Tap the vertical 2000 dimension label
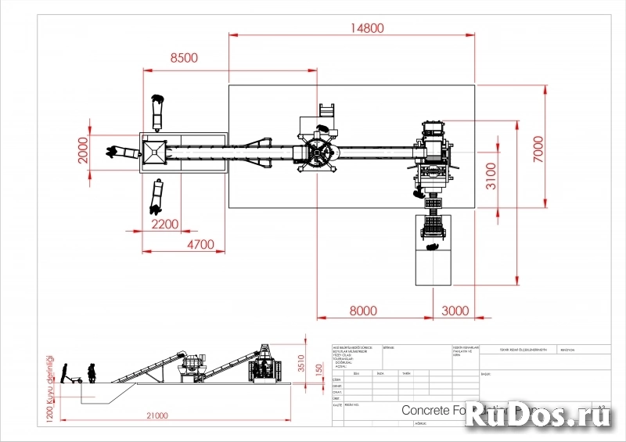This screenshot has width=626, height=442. pyautogui.click(x=84, y=150)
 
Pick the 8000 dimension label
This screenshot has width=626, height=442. pyautogui.click(x=362, y=310)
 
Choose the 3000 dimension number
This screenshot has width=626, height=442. pyautogui.click(x=456, y=310)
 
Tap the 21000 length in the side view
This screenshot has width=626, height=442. pyautogui.click(x=156, y=415)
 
